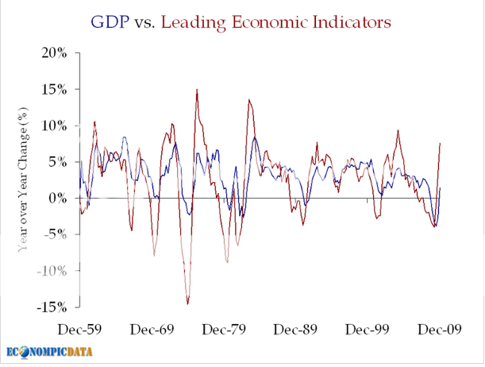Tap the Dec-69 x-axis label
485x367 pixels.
click(x=152, y=328)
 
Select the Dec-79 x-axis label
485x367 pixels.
click(x=223, y=328)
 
